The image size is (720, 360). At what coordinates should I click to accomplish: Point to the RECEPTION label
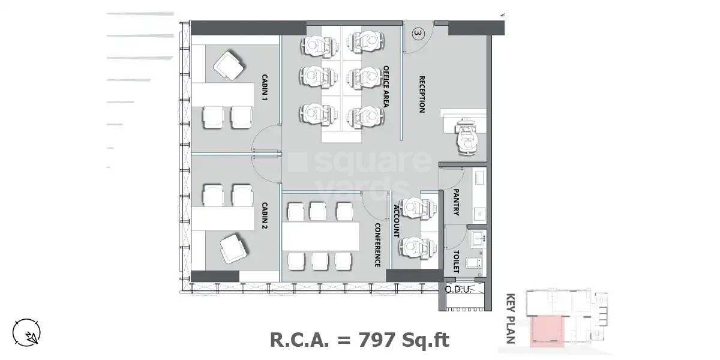click(422, 94)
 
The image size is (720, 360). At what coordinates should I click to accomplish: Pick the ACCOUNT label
click(397, 221)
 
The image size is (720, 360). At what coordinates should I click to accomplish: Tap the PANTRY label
click(456, 203)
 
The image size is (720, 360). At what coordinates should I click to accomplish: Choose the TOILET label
click(456, 262)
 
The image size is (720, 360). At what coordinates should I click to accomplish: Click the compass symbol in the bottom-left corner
click(27, 332)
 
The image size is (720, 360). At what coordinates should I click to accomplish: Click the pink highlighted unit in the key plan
click(547, 332)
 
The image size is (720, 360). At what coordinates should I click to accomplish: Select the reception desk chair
click(467, 142)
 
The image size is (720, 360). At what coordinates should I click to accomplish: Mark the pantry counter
click(479, 195)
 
